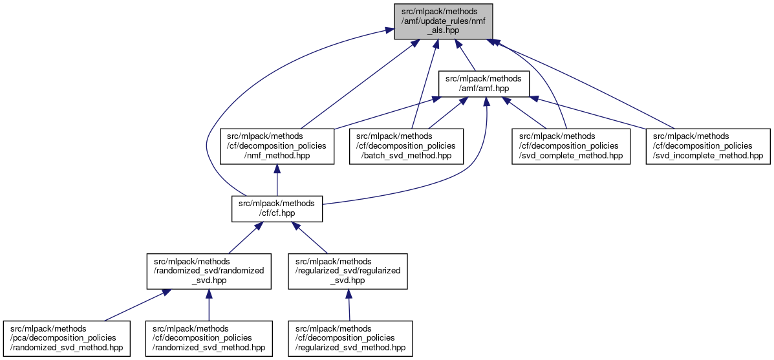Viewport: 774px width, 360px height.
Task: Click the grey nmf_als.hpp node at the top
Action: pos(444,21)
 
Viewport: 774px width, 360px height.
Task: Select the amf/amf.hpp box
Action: pos(484,84)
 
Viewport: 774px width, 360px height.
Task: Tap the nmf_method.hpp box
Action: pos(277,146)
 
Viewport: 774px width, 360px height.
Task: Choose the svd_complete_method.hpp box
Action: pos(570,146)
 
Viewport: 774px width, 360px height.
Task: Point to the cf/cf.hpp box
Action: pos(277,208)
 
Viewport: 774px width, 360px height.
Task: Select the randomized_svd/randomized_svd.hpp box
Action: pos(209,271)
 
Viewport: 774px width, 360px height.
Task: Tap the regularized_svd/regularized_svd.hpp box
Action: pos(348,271)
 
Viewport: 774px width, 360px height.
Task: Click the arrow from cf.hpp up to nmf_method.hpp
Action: pos(277,180)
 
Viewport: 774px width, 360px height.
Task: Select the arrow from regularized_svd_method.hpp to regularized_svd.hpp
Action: pos(349,305)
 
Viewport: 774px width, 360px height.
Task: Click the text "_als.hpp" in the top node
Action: pos(444,30)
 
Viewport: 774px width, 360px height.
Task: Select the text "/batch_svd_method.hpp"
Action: pos(402,155)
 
